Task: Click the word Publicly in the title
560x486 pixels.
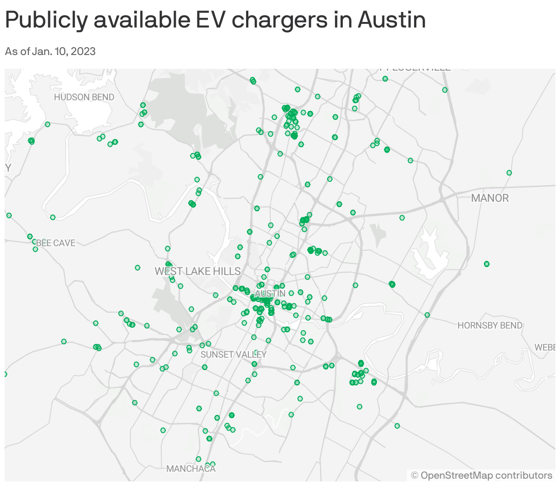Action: pyautogui.click(x=46, y=20)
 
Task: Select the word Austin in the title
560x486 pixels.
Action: pyautogui.click(x=392, y=20)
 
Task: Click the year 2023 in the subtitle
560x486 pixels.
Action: pyautogui.click(x=83, y=51)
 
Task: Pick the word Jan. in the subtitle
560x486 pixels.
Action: pyautogui.click(x=42, y=51)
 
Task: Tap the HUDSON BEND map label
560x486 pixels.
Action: pyautogui.click(x=84, y=97)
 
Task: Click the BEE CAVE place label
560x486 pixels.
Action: pyautogui.click(x=56, y=243)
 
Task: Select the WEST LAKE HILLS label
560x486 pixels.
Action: pyautogui.click(x=197, y=271)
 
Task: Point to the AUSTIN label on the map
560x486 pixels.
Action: pyautogui.click(x=270, y=293)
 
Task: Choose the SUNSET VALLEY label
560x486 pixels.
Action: pyautogui.click(x=233, y=354)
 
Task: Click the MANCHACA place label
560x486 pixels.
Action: pyautogui.click(x=191, y=469)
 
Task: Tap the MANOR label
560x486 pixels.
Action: pyautogui.click(x=490, y=198)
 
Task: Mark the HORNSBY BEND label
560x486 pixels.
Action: pyautogui.click(x=490, y=326)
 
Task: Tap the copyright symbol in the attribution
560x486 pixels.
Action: pyautogui.click(x=414, y=475)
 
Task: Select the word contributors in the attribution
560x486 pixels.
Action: pyautogui.click(x=524, y=475)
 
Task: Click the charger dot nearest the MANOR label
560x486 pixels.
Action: pyautogui.click(x=509, y=173)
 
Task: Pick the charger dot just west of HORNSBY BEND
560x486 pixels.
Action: pyautogui.click(x=427, y=315)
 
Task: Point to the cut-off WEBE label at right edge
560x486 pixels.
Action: pyautogui.click(x=545, y=348)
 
